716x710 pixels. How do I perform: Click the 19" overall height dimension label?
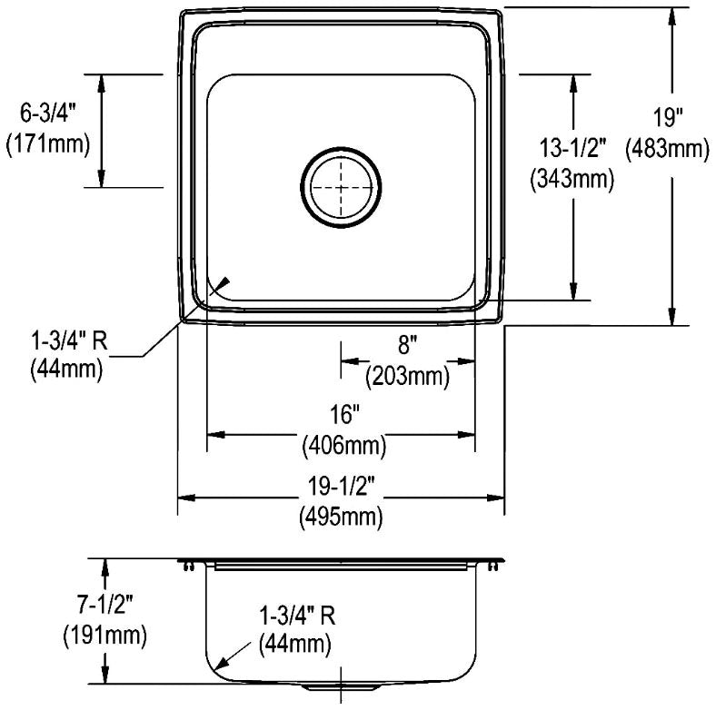667,118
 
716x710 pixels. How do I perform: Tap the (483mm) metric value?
667,149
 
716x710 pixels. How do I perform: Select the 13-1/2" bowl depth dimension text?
573,148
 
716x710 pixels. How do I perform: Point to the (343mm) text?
572,179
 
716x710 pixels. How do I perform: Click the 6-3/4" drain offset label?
47,113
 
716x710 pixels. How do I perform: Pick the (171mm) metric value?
48,144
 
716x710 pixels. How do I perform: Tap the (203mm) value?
407,377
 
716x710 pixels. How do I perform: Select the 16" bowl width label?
344,415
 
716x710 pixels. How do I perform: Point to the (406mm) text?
344,446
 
